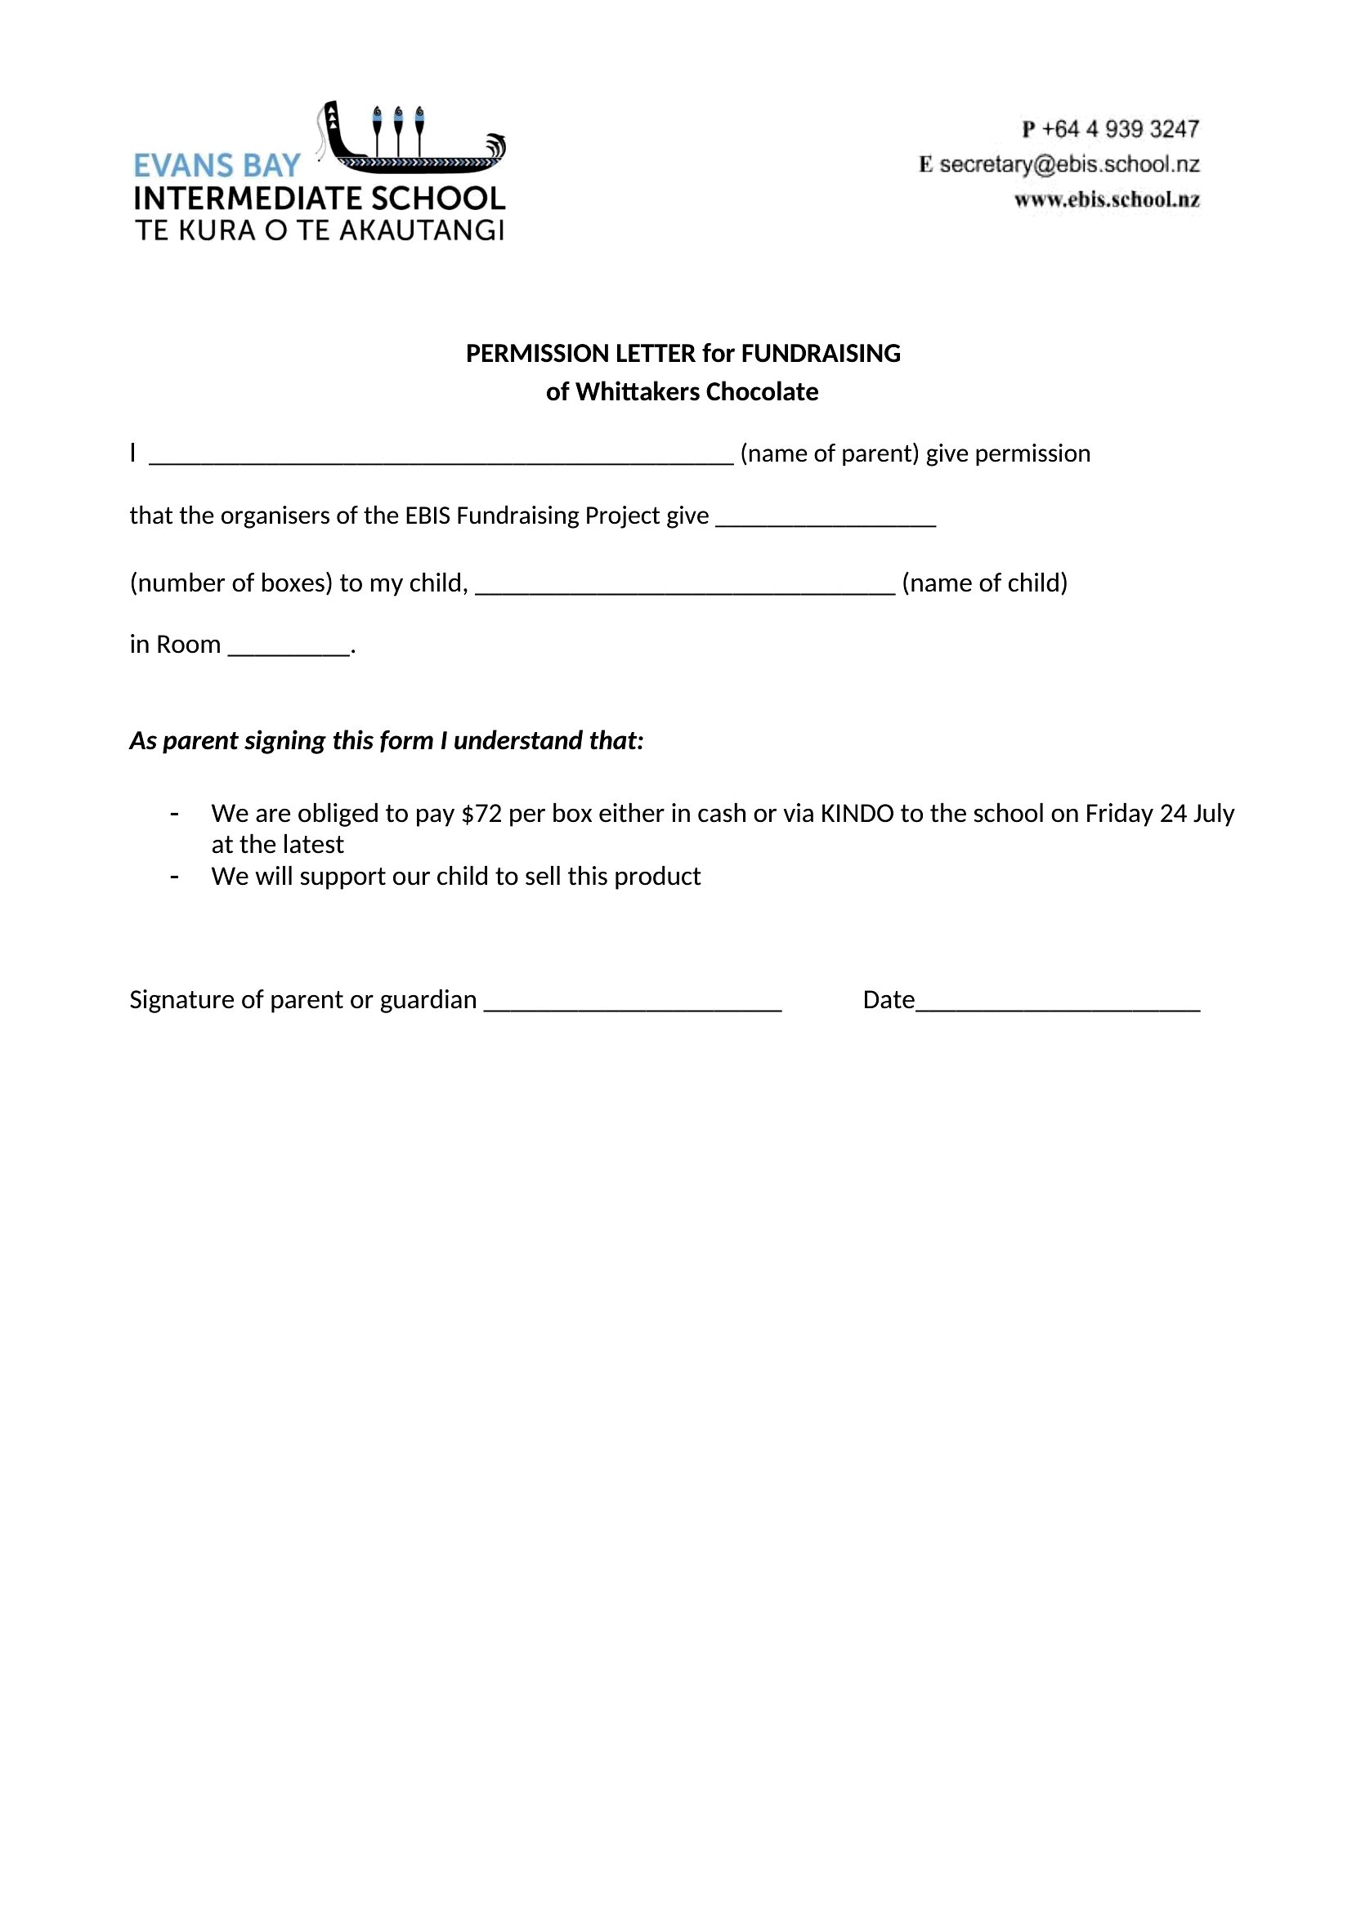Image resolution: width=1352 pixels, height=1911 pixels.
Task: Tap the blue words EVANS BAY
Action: point(217,167)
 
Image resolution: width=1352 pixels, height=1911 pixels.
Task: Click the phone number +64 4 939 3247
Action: point(1120,129)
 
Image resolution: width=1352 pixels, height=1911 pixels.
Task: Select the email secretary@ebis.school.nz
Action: point(1069,165)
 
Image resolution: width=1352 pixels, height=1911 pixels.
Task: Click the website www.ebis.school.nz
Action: point(1107,199)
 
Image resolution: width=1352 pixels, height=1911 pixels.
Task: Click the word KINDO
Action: point(857,813)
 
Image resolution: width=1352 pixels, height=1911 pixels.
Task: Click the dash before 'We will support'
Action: point(174,877)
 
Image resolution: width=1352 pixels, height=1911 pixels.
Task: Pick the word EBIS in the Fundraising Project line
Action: point(427,516)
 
